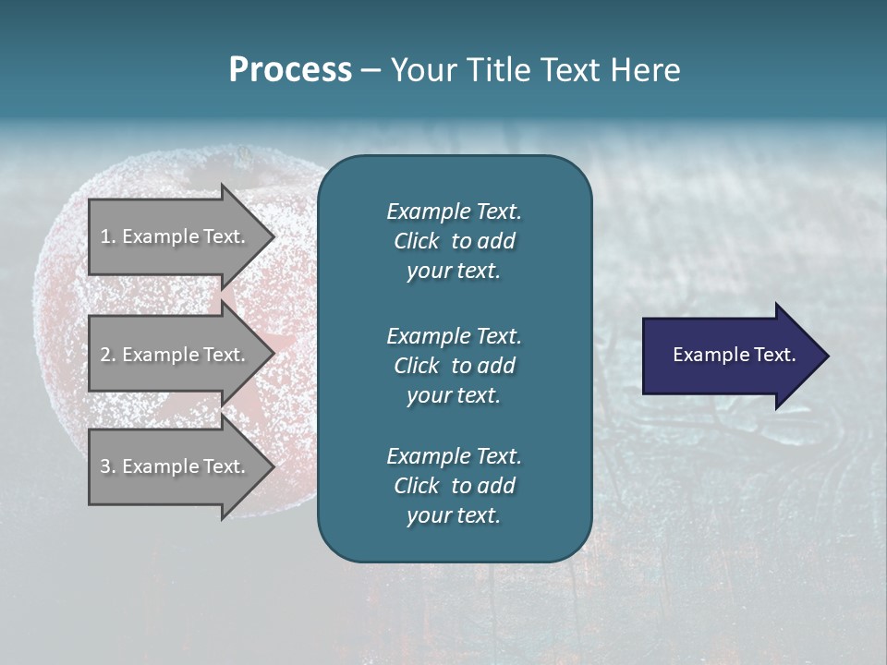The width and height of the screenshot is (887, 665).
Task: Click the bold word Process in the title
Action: coord(290,70)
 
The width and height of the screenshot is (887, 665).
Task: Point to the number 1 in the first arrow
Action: coord(105,236)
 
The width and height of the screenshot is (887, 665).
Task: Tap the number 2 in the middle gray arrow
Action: coord(105,355)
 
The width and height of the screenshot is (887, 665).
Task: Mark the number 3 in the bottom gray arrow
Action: coord(105,466)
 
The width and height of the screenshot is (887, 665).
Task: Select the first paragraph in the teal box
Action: coord(454,241)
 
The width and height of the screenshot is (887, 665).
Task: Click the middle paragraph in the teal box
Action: coord(454,365)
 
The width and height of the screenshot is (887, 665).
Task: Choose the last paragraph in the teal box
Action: coord(454,486)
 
